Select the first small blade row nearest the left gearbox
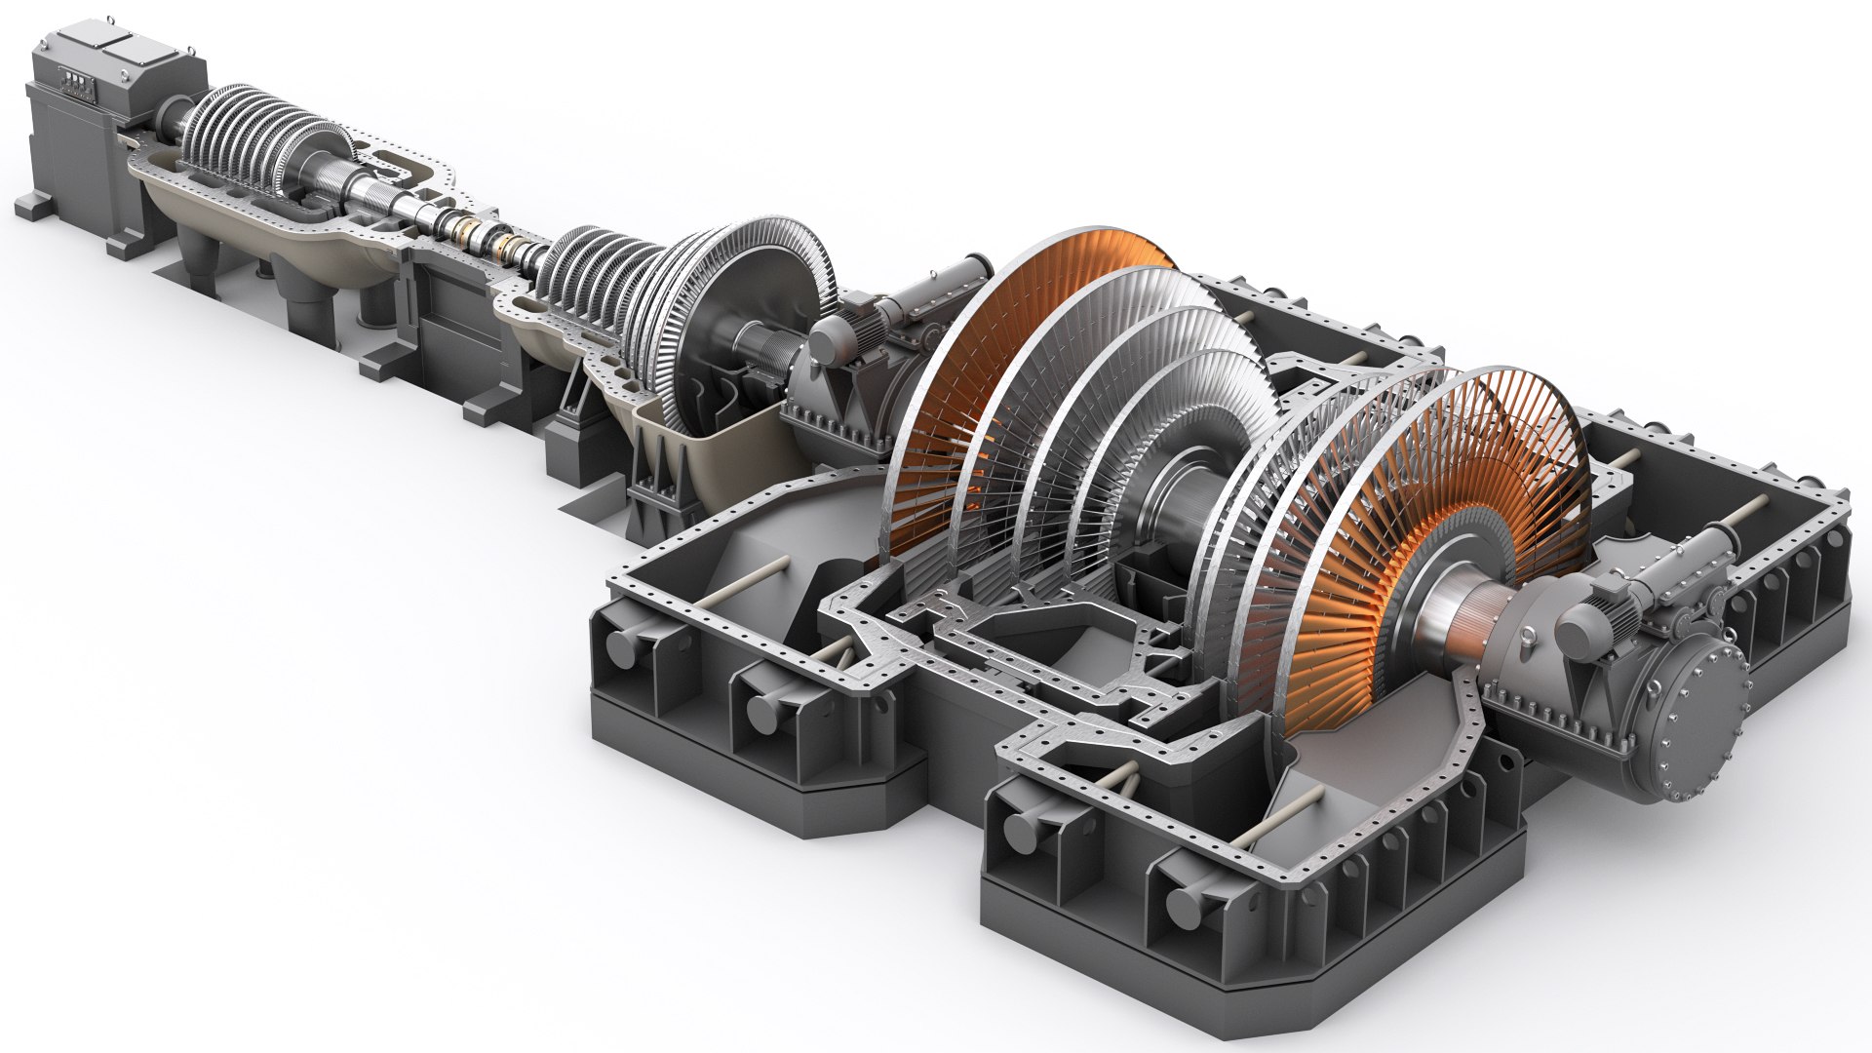click(x=195, y=136)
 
